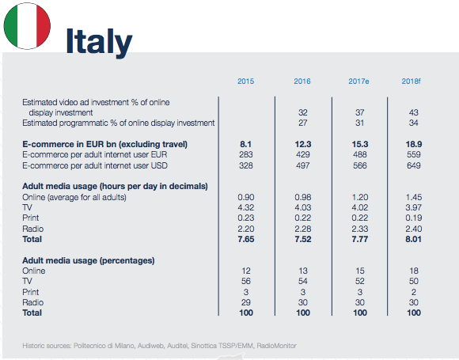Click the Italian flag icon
27,26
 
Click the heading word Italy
99,42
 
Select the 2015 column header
245,81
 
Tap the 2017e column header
358,81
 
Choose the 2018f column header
411,81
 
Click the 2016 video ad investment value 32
302,112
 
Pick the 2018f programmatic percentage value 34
413,123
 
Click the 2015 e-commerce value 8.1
245,144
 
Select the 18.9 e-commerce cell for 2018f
414,144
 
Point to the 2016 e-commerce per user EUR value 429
302,154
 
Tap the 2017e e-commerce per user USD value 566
360,165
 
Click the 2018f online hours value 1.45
414,197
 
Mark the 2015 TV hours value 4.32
246,207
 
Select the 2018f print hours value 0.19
414,218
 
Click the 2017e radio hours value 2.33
360,229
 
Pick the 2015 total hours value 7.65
246,239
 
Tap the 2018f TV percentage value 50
414,281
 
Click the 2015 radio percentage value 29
246,302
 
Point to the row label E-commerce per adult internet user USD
95,165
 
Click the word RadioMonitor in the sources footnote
277,346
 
